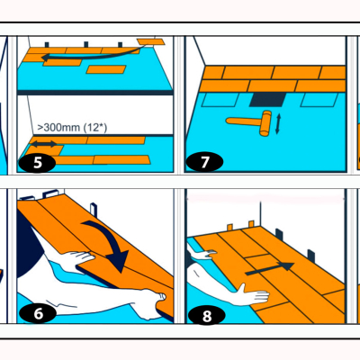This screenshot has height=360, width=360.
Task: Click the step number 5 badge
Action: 37,163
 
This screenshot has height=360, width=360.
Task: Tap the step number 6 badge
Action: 38,314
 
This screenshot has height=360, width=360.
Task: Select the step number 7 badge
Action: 204,162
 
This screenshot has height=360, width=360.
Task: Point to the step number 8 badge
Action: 206,316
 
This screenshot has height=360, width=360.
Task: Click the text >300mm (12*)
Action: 72,128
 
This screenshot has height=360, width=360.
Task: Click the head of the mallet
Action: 265,123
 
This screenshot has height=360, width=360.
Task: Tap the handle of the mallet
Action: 244,121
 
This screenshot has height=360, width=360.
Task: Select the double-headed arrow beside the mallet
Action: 277,123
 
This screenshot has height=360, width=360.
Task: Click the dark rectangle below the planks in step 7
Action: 268,100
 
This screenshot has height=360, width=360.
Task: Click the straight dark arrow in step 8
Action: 270,269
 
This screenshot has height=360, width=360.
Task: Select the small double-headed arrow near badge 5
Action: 44,144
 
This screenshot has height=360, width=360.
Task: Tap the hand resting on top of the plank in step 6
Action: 78,258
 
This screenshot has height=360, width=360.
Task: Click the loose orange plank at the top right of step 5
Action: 151,41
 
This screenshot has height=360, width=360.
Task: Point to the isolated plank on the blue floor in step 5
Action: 106,69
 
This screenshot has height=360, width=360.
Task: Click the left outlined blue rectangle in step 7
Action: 220,100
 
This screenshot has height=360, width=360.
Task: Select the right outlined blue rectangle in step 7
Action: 319,100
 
